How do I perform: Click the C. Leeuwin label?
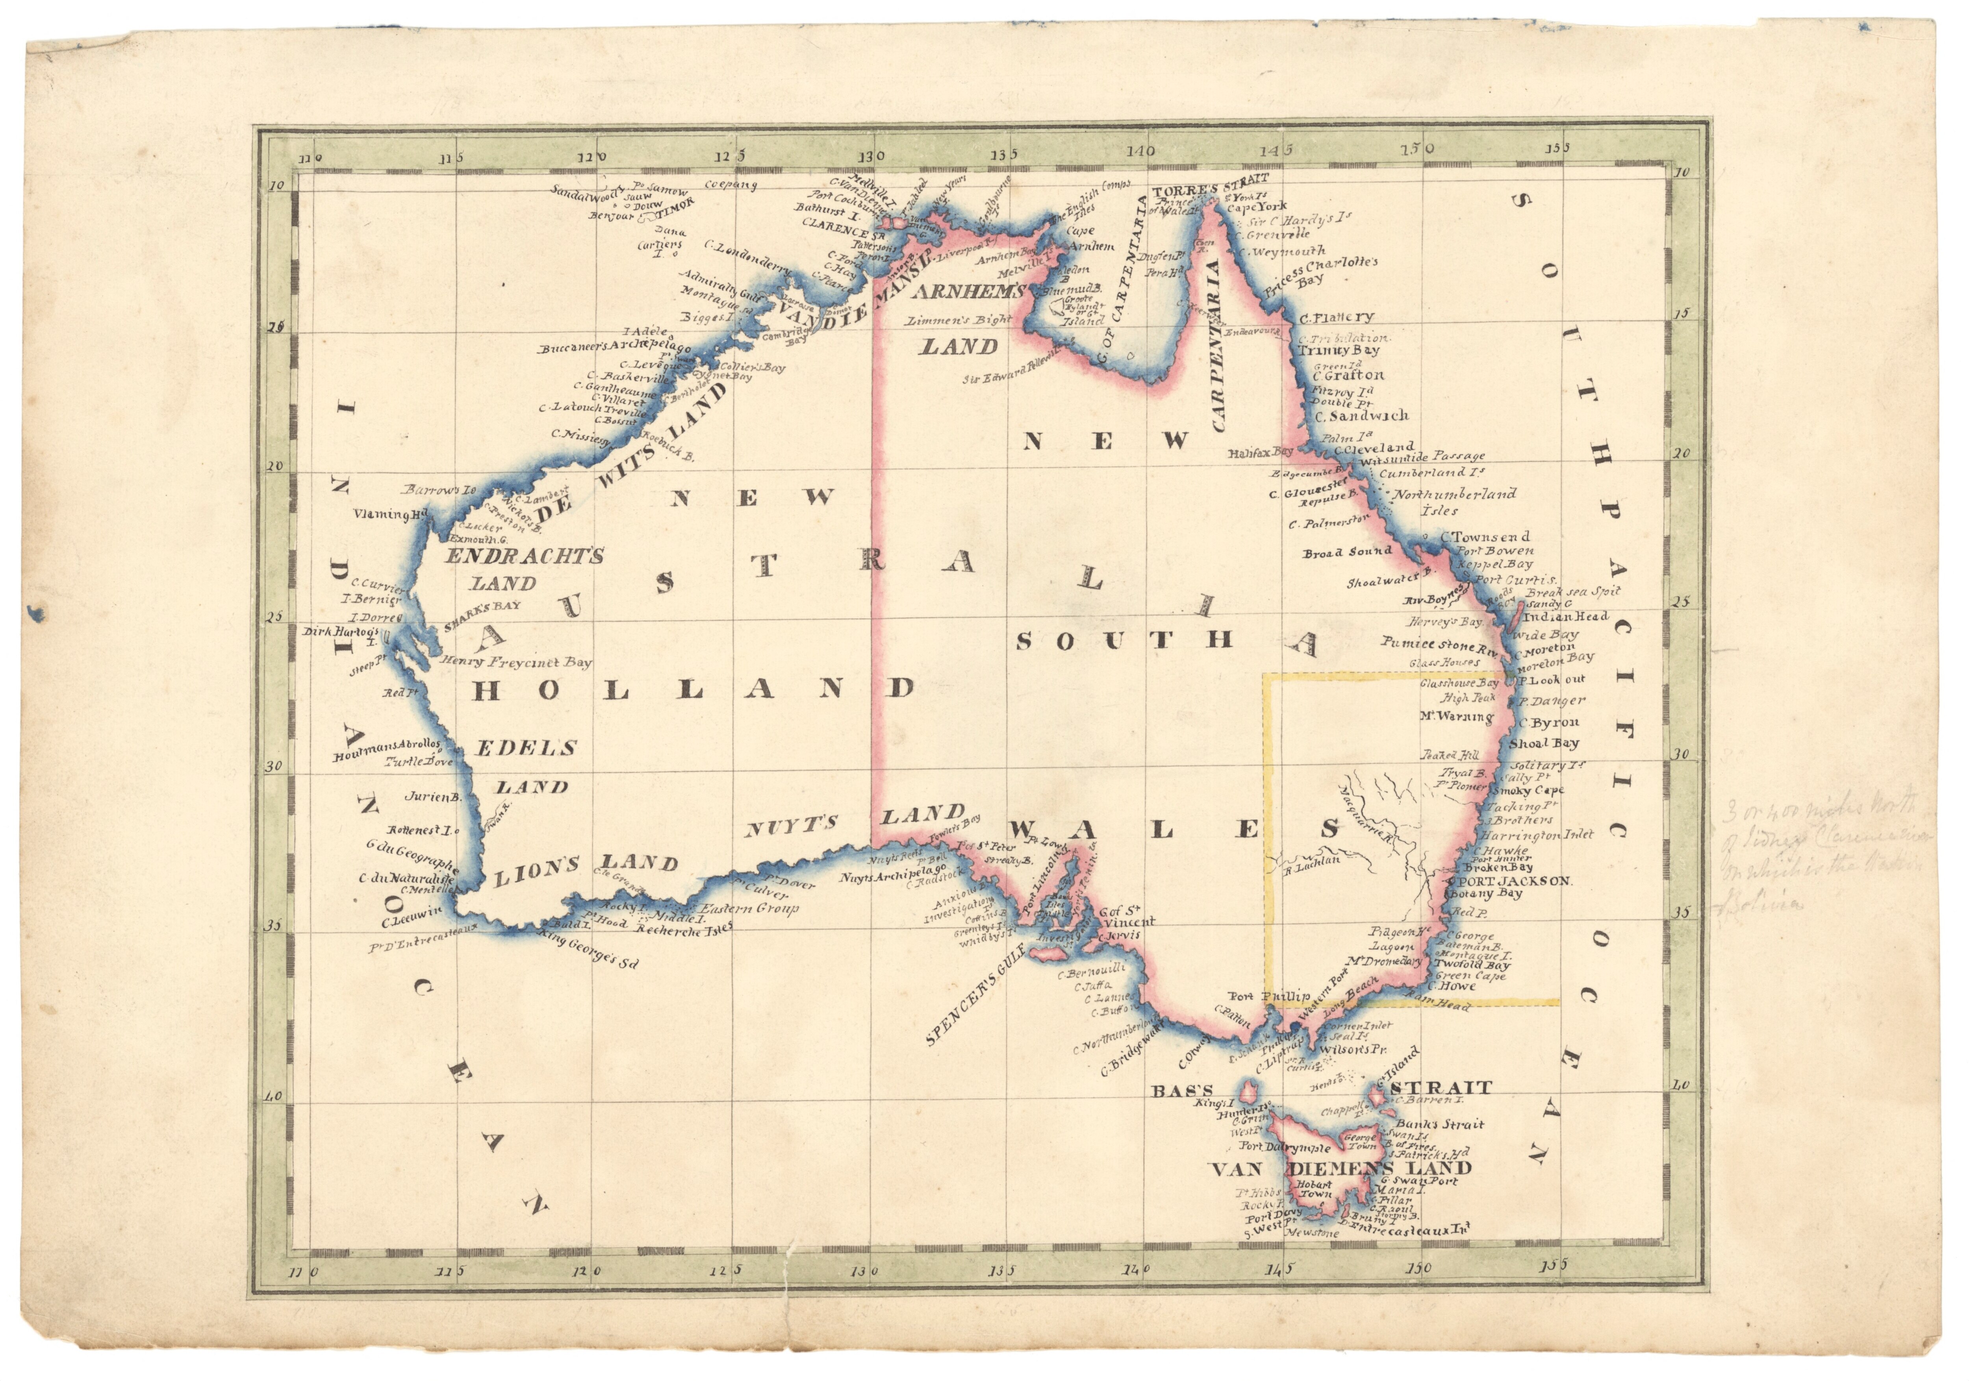(x=412, y=922)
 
